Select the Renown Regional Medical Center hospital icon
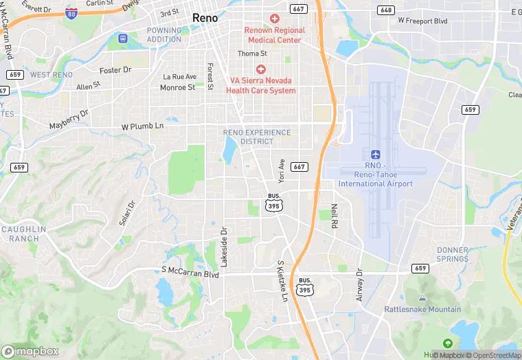tap(275, 19)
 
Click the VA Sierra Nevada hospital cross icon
tap(260, 69)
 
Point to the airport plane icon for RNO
tap(375, 155)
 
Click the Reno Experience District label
tap(257, 137)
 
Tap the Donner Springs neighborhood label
tap(453, 254)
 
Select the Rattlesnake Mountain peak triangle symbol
tap(422, 298)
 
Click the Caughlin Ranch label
tap(24, 234)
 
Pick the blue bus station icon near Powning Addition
tap(123, 38)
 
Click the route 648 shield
tap(386, 10)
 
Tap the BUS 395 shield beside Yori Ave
tap(274, 201)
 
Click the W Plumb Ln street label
tap(143, 126)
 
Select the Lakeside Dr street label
tap(223, 247)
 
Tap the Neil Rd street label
tap(334, 216)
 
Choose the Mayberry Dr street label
tap(69, 121)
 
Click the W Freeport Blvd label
tap(422, 21)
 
